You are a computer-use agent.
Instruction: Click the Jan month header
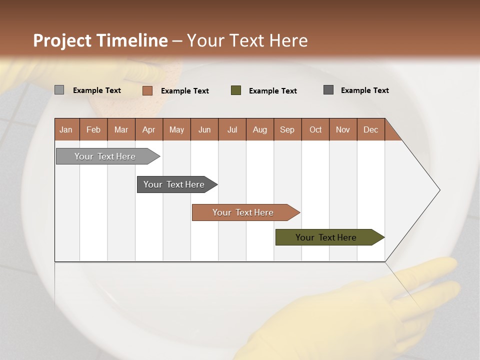tap(66, 129)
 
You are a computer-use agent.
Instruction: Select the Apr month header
tap(149, 129)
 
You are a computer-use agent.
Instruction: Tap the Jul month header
tap(232, 129)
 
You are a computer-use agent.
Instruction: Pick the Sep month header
tap(287, 129)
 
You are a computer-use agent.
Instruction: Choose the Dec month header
tap(370, 129)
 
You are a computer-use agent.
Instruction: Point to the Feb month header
tap(93, 129)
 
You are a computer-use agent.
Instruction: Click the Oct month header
tap(315, 129)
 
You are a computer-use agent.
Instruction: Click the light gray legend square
tap(59, 90)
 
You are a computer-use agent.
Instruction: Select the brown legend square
tap(147, 90)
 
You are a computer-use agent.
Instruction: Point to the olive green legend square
tap(236, 90)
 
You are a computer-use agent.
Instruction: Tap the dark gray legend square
tap(328, 90)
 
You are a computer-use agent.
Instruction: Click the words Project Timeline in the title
tap(100, 40)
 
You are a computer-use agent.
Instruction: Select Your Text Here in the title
tap(247, 40)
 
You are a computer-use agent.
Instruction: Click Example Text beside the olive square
tap(272, 91)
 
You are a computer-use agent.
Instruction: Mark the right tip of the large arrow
tap(439, 190)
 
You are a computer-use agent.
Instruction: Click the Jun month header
tap(204, 129)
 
